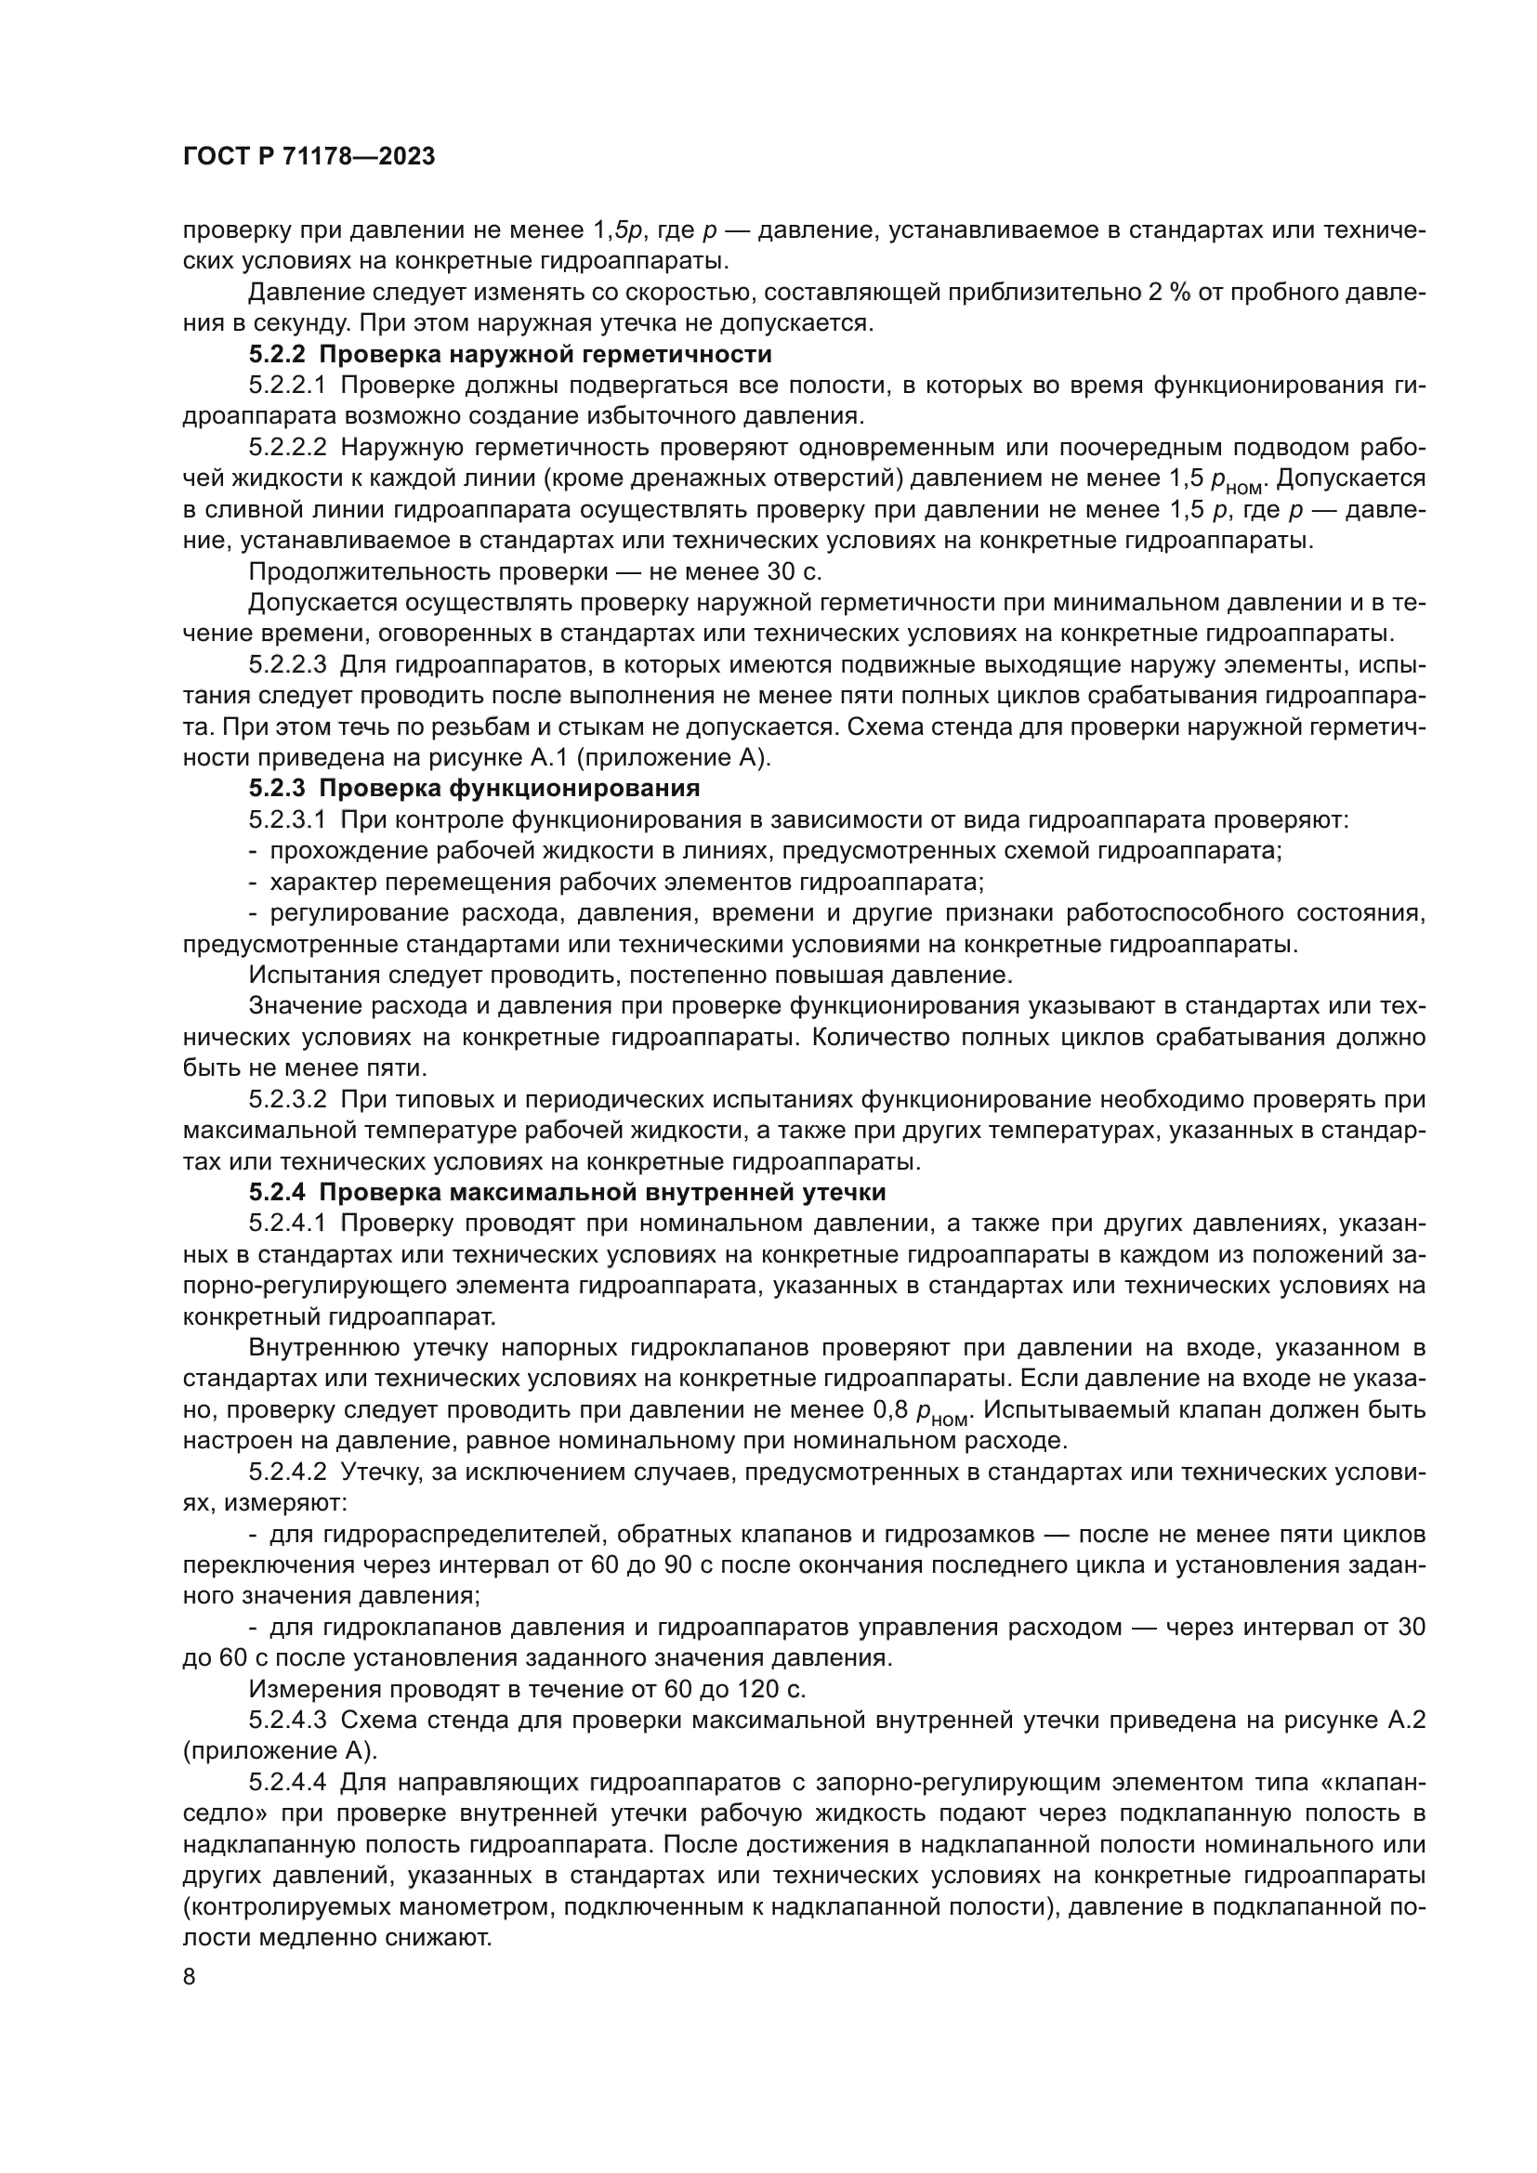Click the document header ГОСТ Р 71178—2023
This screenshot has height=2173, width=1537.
point(309,157)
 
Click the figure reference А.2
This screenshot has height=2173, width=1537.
point(1406,1721)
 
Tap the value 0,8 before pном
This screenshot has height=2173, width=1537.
point(890,1410)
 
